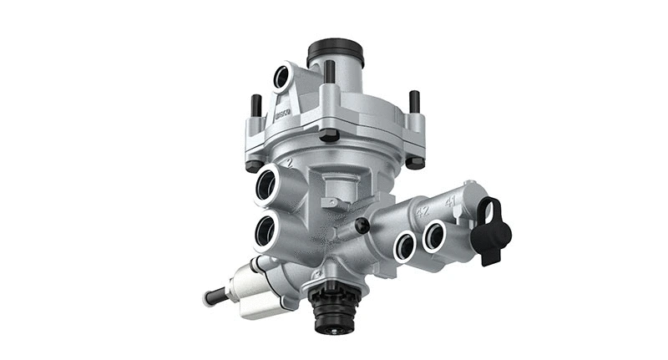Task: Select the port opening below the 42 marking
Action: (x=405, y=246)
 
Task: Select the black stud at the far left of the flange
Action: (x=256, y=105)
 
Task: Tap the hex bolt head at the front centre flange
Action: (x=329, y=134)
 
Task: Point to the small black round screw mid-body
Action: (x=362, y=226)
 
